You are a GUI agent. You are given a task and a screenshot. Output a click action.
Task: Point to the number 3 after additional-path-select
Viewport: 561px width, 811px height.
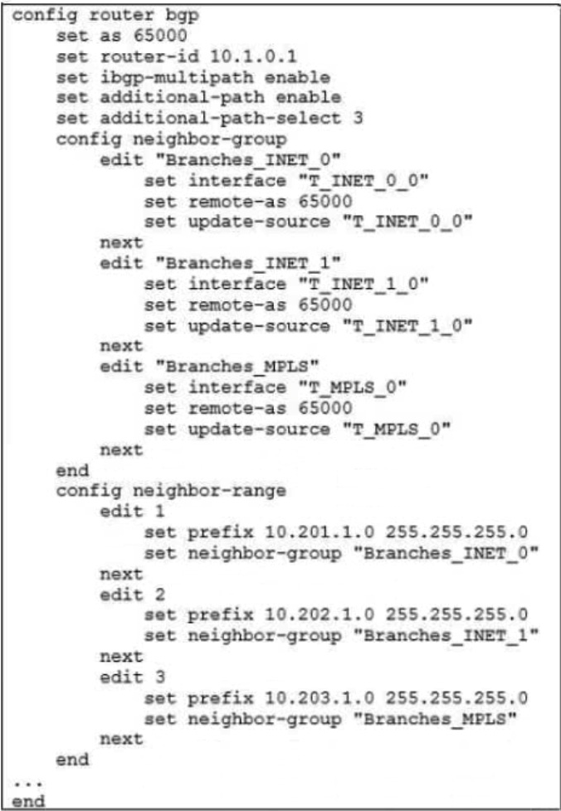359,119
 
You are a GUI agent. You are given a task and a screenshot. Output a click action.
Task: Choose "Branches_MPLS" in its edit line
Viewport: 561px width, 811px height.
237,367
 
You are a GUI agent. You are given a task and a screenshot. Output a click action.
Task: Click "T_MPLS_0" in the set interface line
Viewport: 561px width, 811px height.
346,388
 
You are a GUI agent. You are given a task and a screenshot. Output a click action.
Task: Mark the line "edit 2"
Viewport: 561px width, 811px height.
133,595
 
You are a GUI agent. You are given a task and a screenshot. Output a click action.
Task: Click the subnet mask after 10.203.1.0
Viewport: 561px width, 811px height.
456,697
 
